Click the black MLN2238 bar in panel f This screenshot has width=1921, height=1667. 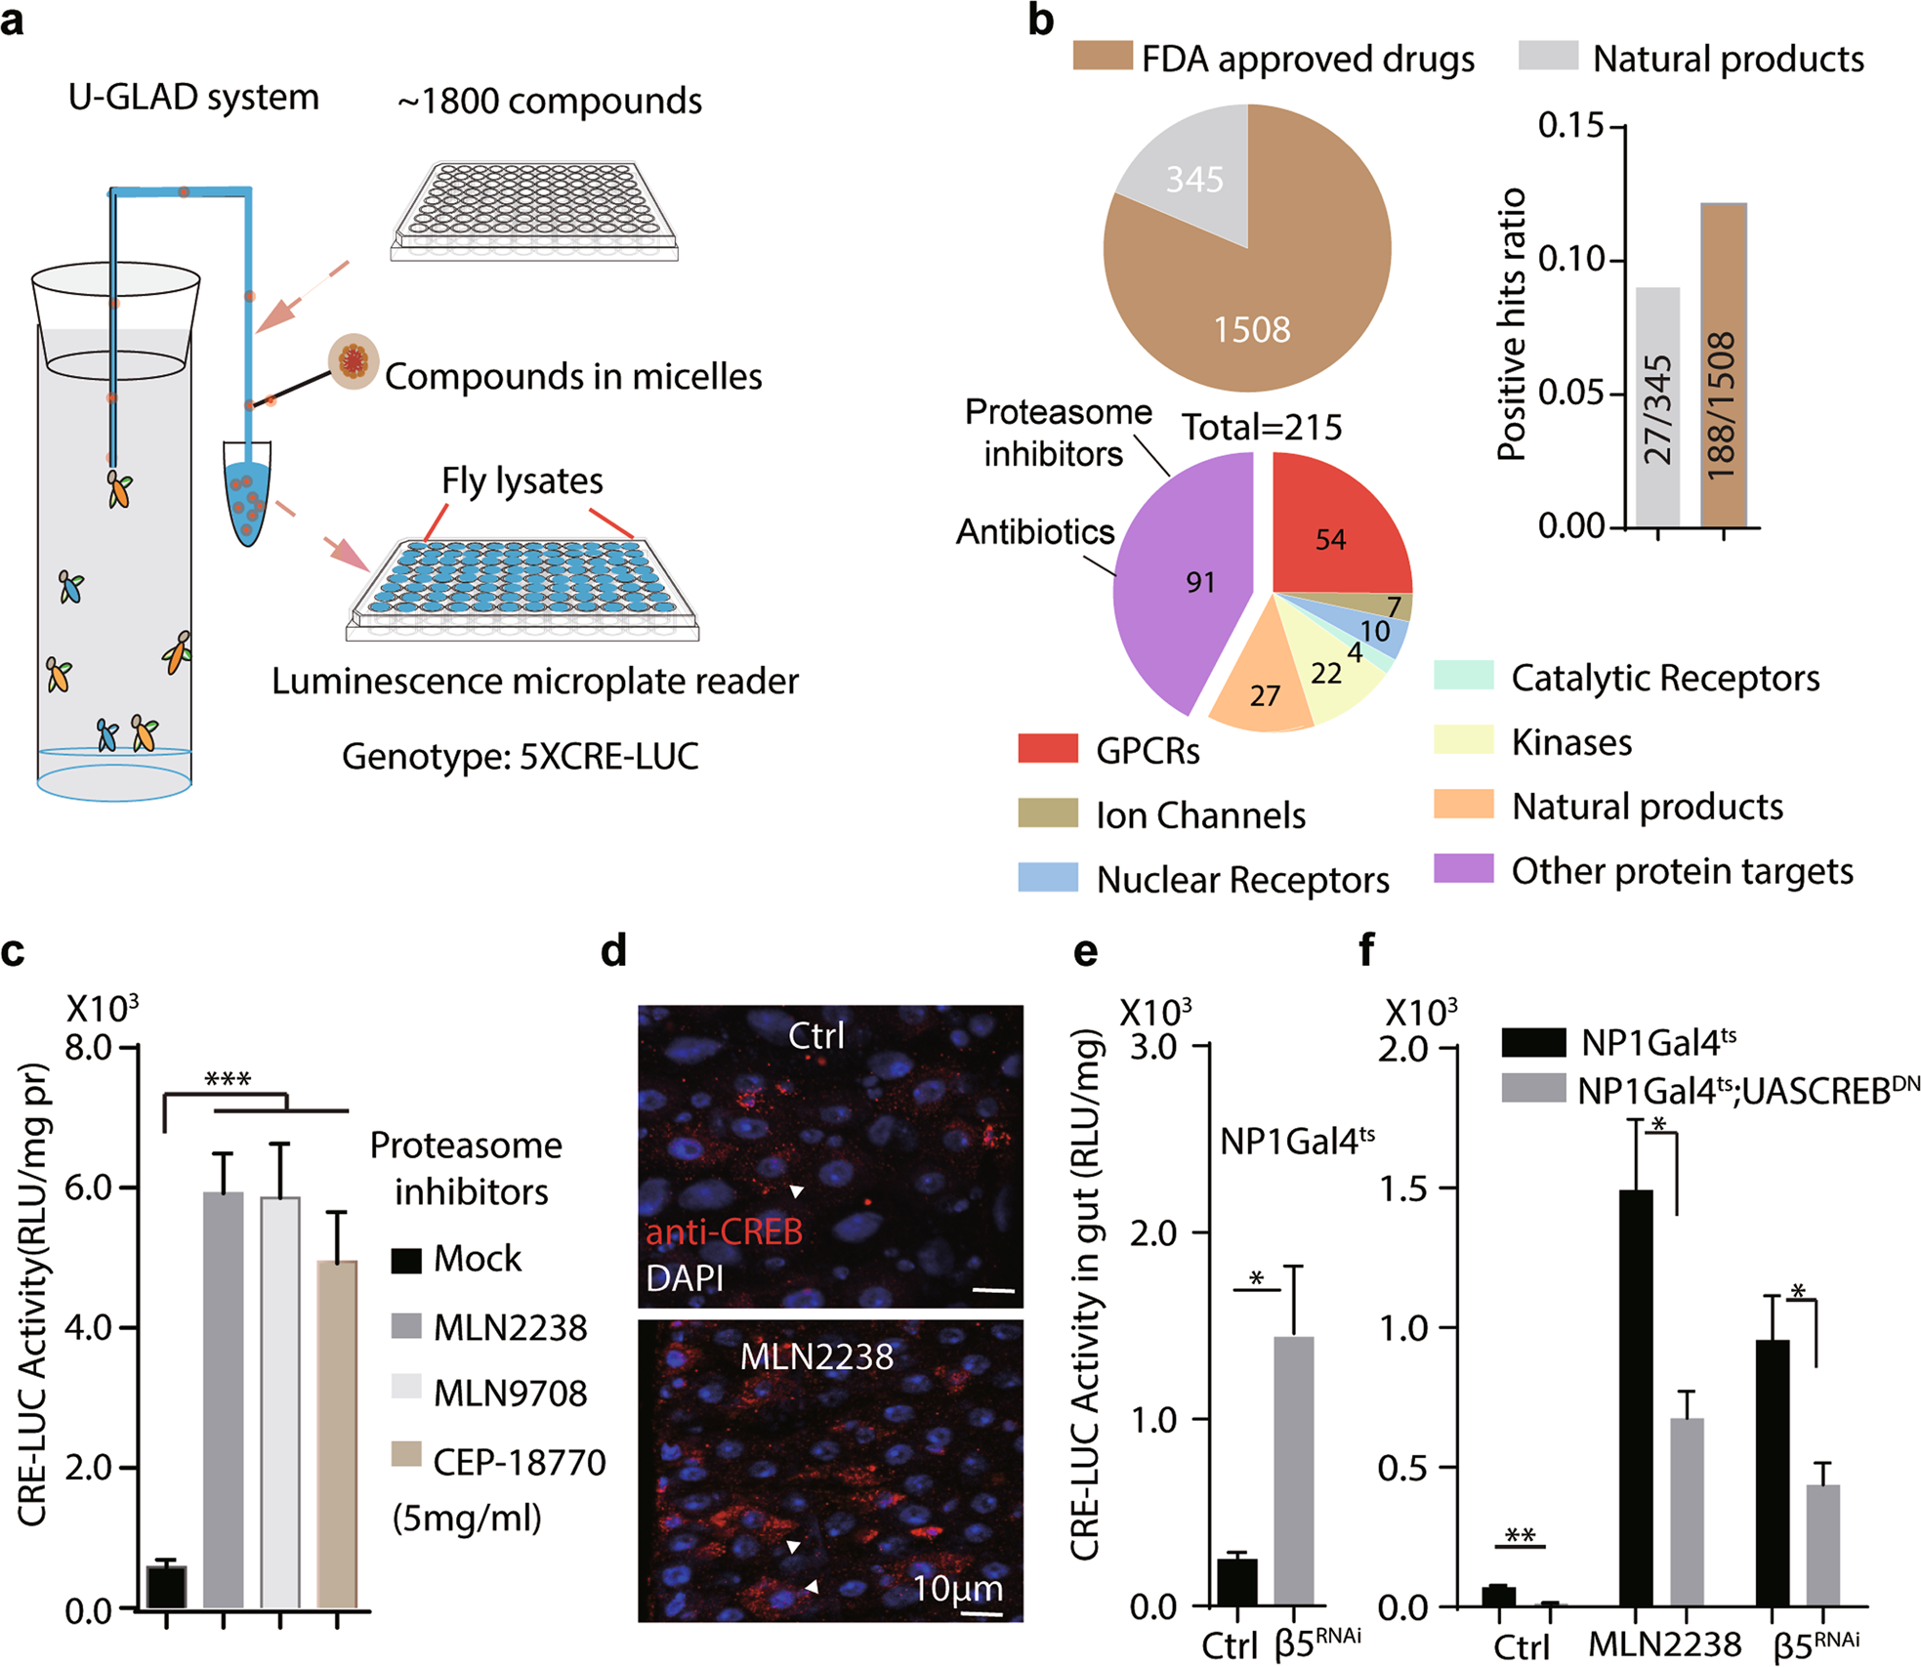[x=1636, y=1397]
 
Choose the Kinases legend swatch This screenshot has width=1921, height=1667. [x=1463, y=740]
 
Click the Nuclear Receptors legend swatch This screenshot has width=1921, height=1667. [x=1048, y=877]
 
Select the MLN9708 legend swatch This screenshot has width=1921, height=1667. [x=406, y=1388]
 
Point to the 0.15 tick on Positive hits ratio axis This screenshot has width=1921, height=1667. [x=1570, y=126]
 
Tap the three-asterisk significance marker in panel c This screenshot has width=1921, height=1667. [x=228, y=1080]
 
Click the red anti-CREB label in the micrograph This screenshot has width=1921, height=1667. [x=724, y=1232]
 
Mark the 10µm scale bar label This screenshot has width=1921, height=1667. [x=957, y=1589]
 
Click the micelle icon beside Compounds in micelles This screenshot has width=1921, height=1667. [x=353, y=361]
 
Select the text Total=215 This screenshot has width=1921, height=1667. [x=1262, y=427]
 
